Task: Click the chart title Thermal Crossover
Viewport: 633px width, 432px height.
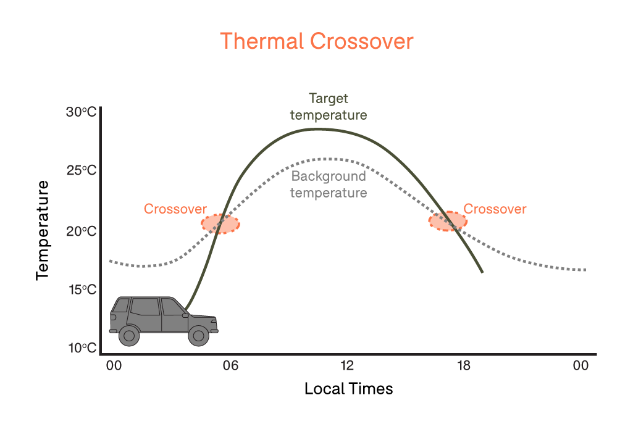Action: click(x=316, y=41)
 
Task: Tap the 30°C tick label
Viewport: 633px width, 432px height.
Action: click(x=82, y=112)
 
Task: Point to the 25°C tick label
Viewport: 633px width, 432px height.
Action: click(x=82, y=170)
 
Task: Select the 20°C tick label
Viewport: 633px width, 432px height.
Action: click(x=82, y=231)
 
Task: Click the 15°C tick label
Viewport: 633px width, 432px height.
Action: click(x=82, y=289)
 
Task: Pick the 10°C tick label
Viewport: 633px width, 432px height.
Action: click(x=82, y=347)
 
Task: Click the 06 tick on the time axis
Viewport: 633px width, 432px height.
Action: click(x=230, y=365)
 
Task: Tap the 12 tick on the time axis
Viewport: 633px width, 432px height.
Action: click(x=347, y=365)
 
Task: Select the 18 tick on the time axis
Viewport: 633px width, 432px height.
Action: click(x=464, y=365)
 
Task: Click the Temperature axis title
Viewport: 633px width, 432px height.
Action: click(x=43, y=230)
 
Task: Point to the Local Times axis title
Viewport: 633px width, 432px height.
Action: click(x=348, y=389)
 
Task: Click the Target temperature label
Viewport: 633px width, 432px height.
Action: click(x=329, y=107)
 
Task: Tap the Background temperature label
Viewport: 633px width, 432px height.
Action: click(x=329, y=185)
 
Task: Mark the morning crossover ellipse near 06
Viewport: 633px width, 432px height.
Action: click(x=220, y=224)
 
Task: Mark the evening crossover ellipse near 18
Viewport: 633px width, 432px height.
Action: click(x=448, y=221)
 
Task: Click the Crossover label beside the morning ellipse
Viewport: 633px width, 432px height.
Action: click(x=175, y=209)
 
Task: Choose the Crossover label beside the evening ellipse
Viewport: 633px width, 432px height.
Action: click(x=495, y=209)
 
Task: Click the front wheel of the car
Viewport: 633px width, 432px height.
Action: click(x=199, y=335)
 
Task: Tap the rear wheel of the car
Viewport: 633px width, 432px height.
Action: click(x=129, y=335)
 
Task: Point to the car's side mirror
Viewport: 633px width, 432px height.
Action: click(x=185, y=315)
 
